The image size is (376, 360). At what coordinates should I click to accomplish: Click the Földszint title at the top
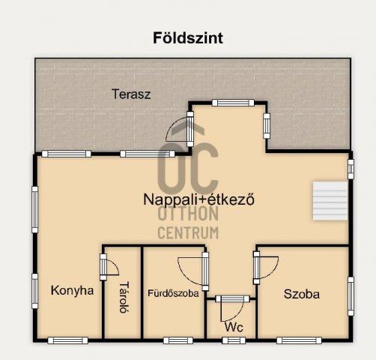tap(188, 37)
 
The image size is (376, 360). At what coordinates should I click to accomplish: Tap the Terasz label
tap(132, 94)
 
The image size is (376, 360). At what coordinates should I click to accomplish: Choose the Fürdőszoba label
tap(173, 294)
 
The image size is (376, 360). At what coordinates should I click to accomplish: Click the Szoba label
tap(301, 294)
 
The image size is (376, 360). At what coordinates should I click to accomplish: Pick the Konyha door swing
tap(109, 267)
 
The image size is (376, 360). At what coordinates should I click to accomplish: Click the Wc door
tap(230, 304)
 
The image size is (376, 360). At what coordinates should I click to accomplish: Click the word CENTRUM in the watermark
tap(188, 232)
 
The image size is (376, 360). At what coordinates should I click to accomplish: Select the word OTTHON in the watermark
tap(188, 216)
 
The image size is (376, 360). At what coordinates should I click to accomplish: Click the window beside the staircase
tap(350, 168)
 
